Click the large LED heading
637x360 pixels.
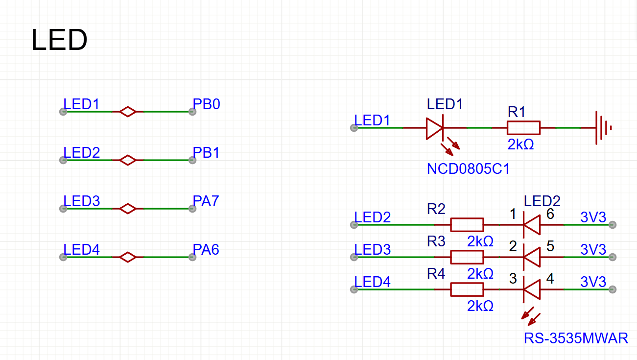[x=59, y=40]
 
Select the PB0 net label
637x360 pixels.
[x=206, y=104]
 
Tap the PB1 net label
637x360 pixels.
[x=206, y=153]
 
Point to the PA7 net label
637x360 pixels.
[x=206, y=201]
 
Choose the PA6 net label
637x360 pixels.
[x=206, y=250]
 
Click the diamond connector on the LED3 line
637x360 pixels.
[x=128, y=209]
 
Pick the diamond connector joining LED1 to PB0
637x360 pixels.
[x=128, y=112]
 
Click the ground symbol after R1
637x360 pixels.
[x=603, y=128]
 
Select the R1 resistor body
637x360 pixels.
[x=523, y=128]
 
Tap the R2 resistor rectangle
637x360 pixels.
[x=467, y=225]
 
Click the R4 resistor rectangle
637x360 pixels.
[x=467, y=289]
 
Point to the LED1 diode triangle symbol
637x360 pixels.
[x=434, y=128]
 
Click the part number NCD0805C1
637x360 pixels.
[x=468, y=169]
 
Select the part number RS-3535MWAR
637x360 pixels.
[x=576, y=338]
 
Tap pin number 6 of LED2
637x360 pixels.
[x=550, y=214]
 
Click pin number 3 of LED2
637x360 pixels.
[x=513, y=279]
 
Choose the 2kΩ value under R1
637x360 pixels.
[x=520, y=145]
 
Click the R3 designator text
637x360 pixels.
[x=436, y=241]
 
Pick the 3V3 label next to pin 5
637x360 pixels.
[x=593, y=249]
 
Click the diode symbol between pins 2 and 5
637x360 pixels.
[x=531, y=257]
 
